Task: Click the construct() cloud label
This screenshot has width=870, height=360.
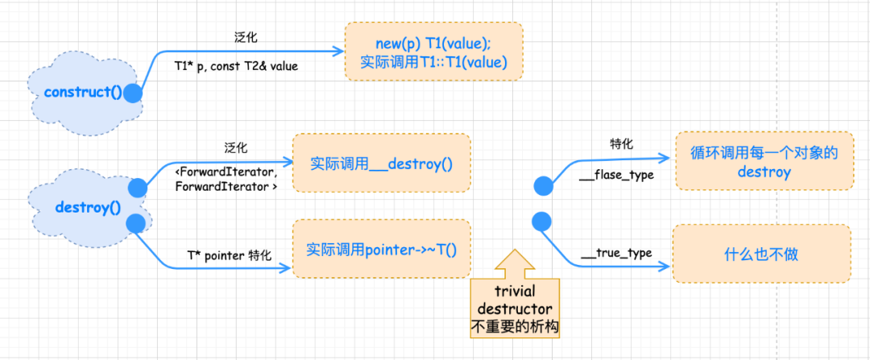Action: [83, 92]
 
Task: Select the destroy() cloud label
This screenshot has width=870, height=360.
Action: [88, 208]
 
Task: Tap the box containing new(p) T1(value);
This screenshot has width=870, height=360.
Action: [434, 51]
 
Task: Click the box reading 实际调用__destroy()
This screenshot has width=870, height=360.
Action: [382, 163]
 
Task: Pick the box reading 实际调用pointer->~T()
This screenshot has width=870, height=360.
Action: [382, 249]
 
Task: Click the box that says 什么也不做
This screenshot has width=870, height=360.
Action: [761, 254]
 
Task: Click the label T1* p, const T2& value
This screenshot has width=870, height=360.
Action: [236, 66]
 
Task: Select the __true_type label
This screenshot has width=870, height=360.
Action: [616, 253]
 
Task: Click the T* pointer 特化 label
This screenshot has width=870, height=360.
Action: [230, 255]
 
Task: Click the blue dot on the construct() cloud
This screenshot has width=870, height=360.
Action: [133, 93]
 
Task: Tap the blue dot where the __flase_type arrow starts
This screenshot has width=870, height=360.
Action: [544, 186]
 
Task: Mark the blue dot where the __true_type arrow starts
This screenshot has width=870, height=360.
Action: [541, 222]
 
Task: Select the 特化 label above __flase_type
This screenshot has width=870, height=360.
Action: [622, 143]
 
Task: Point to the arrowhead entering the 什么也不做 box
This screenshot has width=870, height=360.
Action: [665, 267]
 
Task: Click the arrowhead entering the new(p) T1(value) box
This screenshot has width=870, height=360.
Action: [338, 51]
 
